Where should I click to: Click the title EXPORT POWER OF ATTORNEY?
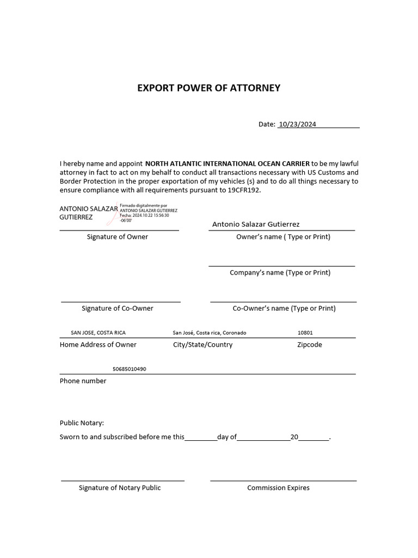coord(208,88)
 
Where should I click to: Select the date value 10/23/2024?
coord(297,124)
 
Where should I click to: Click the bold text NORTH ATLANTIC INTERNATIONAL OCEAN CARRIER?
coord(227,163)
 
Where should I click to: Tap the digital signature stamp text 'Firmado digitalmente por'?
coord(143,205)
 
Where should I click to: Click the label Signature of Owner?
coord(118,237)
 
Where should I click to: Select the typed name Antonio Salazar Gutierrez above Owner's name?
coord(256,225)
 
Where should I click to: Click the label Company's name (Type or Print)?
coord(280,272)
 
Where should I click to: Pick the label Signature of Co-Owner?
coord(118,308)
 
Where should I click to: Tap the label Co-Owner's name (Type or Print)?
coord(284,308)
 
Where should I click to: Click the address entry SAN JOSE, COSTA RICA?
coord(98,333)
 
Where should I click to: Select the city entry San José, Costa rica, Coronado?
coord(209,333)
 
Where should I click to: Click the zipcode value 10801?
coord(305,333)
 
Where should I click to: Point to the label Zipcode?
coord(309,345)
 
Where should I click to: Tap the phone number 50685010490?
coord(129,369)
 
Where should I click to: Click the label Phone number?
coord(83,381)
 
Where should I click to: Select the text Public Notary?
coord(82,423)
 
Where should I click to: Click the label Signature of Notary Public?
coord(120,488)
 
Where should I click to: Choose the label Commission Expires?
coord(278,488)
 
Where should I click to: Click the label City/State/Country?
coord(202,345)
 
